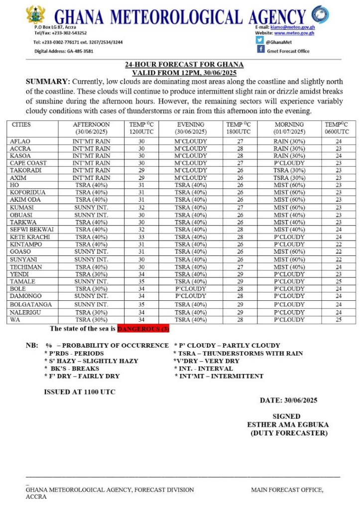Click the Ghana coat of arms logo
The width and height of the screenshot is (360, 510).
pyautogui.click(x=35, y=15)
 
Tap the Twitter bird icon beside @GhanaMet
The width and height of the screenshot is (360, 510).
pyautogui.click(x=260, y=40)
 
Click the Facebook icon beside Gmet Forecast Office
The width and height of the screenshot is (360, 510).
pyautogui.click(x=260, y=50)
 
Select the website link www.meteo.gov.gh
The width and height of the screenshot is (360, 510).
pyautogui.click(x=294, y=33)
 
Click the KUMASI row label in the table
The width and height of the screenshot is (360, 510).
pyautogui.click(x=22, y=207)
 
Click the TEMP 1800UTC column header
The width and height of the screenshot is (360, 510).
pyautogui.click(x=239, y=128)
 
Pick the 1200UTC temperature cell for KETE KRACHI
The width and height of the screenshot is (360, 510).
pyautogui.click(x=141, y=237)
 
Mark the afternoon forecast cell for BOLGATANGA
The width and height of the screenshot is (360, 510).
pyautogui.click(x=91, y=304)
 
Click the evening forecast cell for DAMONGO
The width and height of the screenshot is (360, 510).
pyautogui.click(x=191, y=296)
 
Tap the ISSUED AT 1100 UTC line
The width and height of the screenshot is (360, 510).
pyautogui.click(x=80, y=392)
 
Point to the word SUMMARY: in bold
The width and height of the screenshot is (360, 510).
pyautogui.click(x=47, y=81)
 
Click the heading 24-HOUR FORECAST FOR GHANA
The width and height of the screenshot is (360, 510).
pyautogui.click(x=184, y=65)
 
